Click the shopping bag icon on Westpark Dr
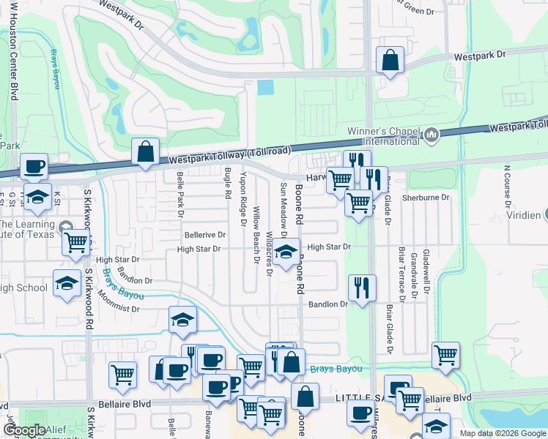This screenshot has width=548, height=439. (390, 61)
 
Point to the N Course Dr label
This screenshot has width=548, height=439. (506, 187)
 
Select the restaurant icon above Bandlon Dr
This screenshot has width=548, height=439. (362, 288)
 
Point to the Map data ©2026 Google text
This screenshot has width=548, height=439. (502, 433)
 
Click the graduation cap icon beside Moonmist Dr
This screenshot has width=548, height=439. (182, 320)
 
